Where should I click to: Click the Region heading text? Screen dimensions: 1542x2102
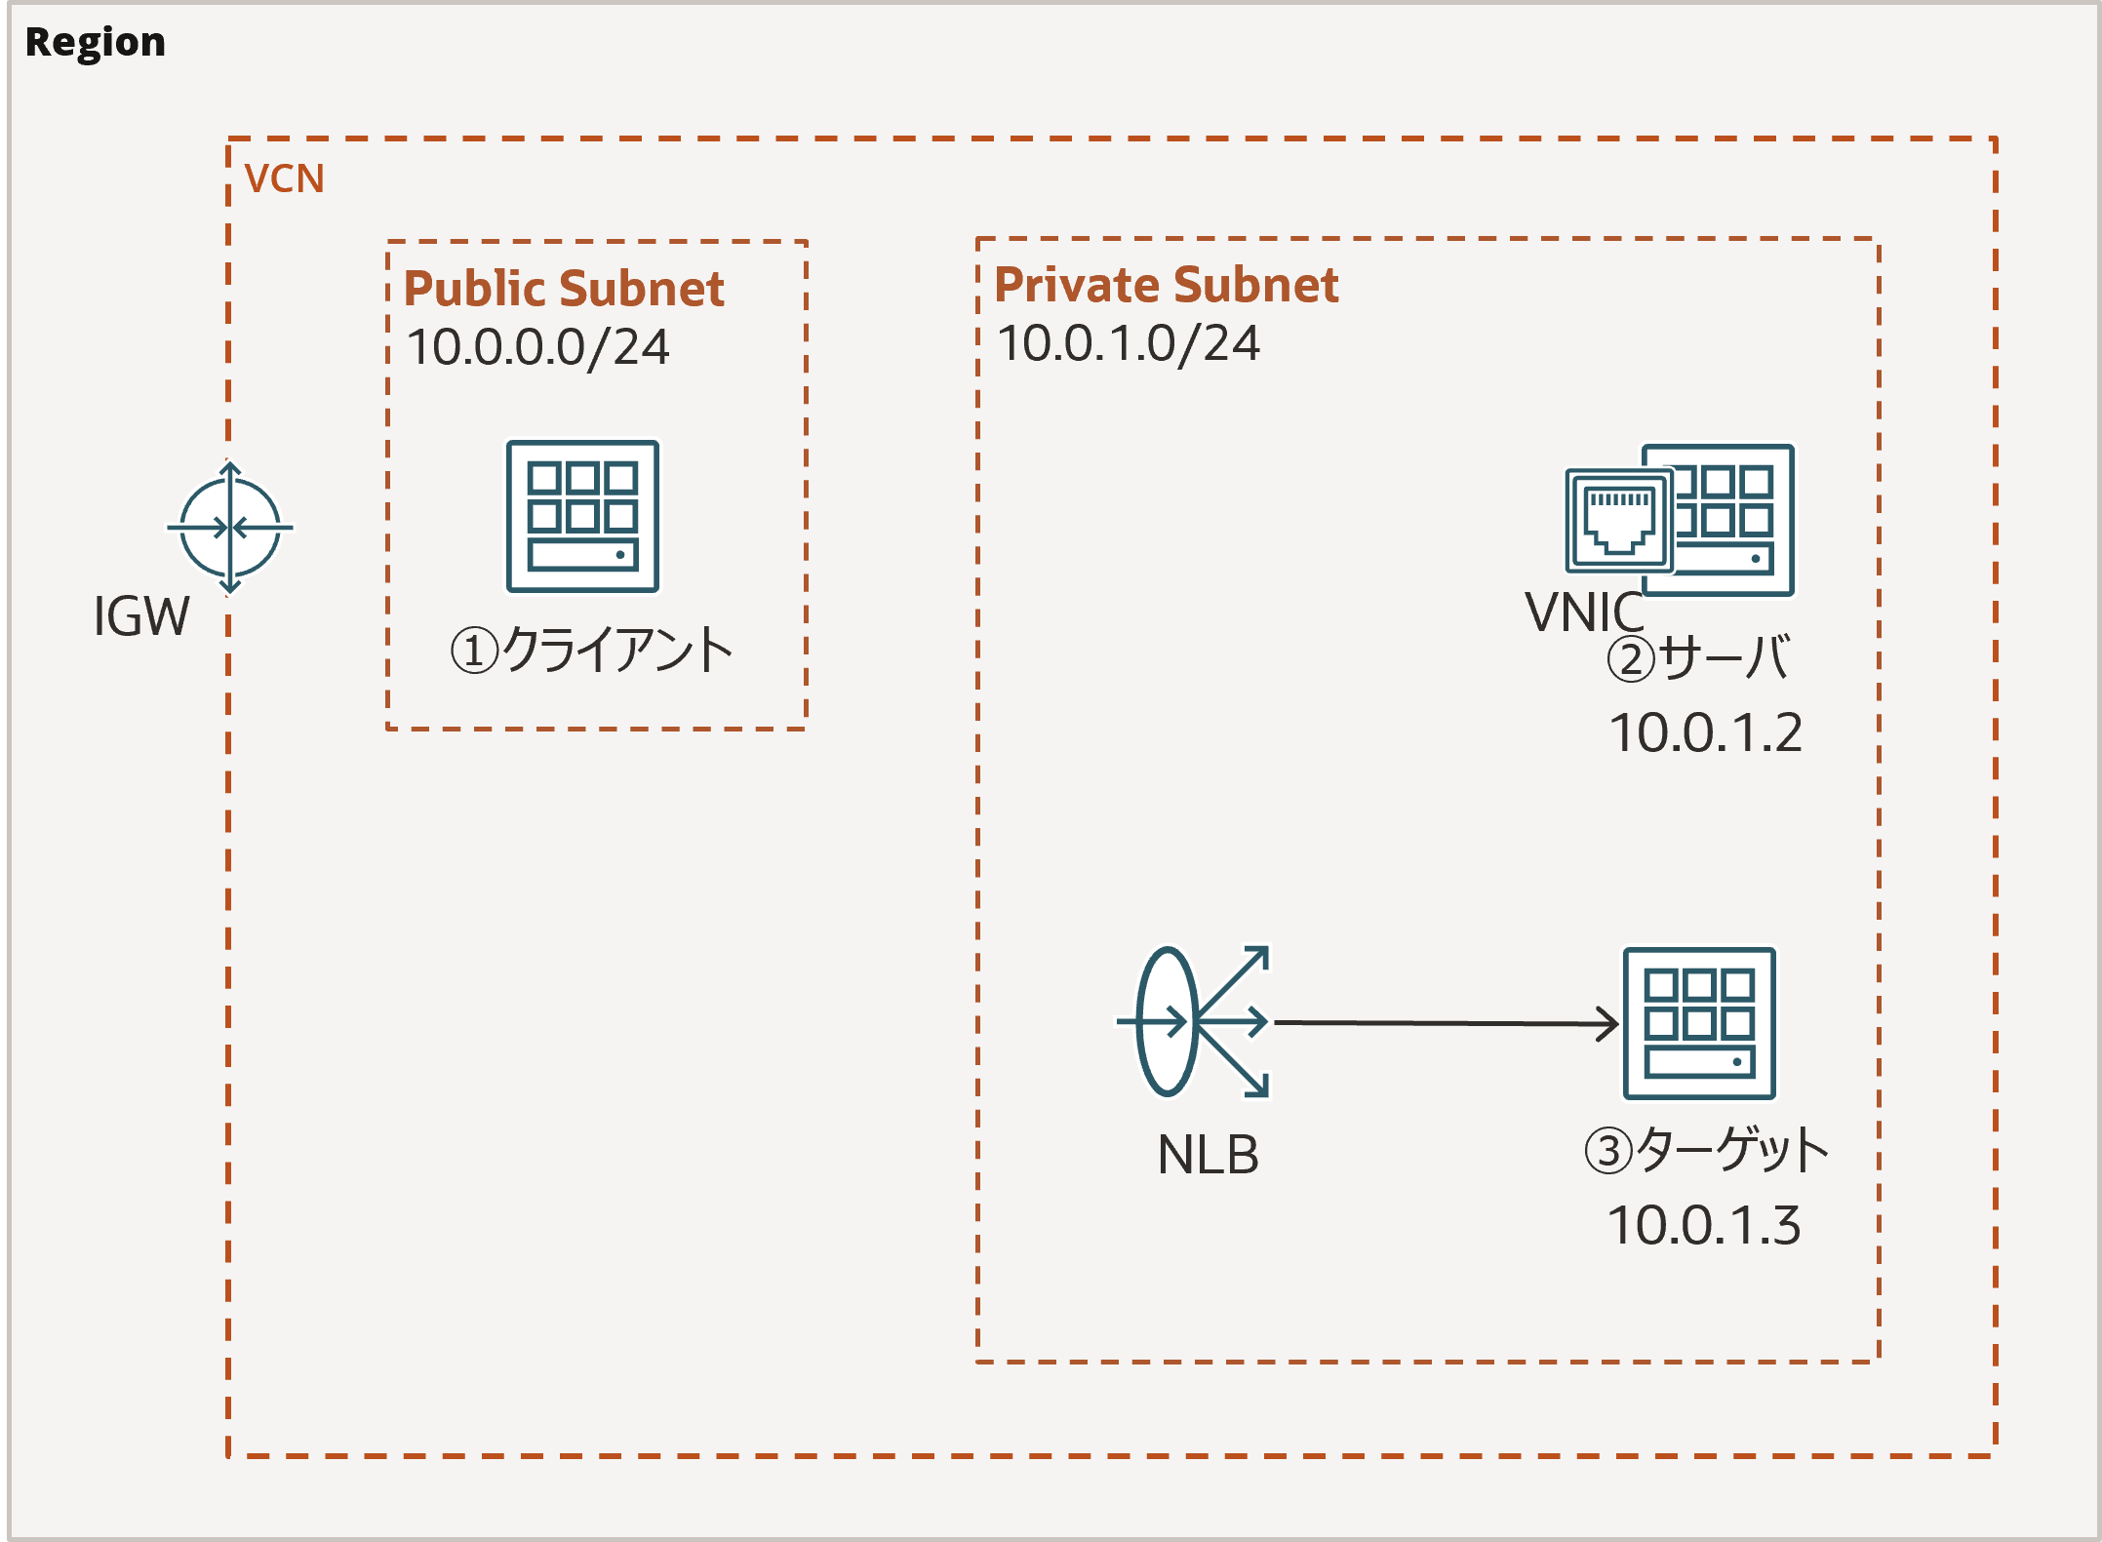coord(95,42)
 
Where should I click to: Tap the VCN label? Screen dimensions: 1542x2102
coord(284,178)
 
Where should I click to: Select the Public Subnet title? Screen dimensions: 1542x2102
coord(563,289)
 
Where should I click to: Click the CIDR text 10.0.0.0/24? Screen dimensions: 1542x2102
coord(537,347)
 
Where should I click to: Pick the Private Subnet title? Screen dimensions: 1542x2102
coord(1166,285)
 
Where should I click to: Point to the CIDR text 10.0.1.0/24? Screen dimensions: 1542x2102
coord(1129,343)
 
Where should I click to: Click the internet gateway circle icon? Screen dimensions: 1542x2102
coord(230,528)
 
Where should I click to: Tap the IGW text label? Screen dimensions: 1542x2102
coord(141,616)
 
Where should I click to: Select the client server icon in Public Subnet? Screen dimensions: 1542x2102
coord(582,516)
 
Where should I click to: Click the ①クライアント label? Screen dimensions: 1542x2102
coord(591,651)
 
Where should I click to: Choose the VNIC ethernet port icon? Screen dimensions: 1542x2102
coord(1618,520)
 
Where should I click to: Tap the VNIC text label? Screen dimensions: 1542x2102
coord(1583,613)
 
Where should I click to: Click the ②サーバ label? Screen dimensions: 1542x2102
coord(1698,657)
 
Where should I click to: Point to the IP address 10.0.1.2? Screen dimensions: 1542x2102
coord(1704,732)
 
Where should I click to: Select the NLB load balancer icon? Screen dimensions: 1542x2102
coord(1192,1021)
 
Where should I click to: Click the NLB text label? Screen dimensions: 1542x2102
coord(1208,1155)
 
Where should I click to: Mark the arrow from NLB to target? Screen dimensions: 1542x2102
coord(1444,1023)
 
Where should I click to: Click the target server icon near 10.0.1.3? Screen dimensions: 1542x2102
coord(1698,1023)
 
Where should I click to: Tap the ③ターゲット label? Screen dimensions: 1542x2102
coord(1706,1150)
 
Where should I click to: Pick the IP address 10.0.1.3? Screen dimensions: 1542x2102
coord(1702,1226)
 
